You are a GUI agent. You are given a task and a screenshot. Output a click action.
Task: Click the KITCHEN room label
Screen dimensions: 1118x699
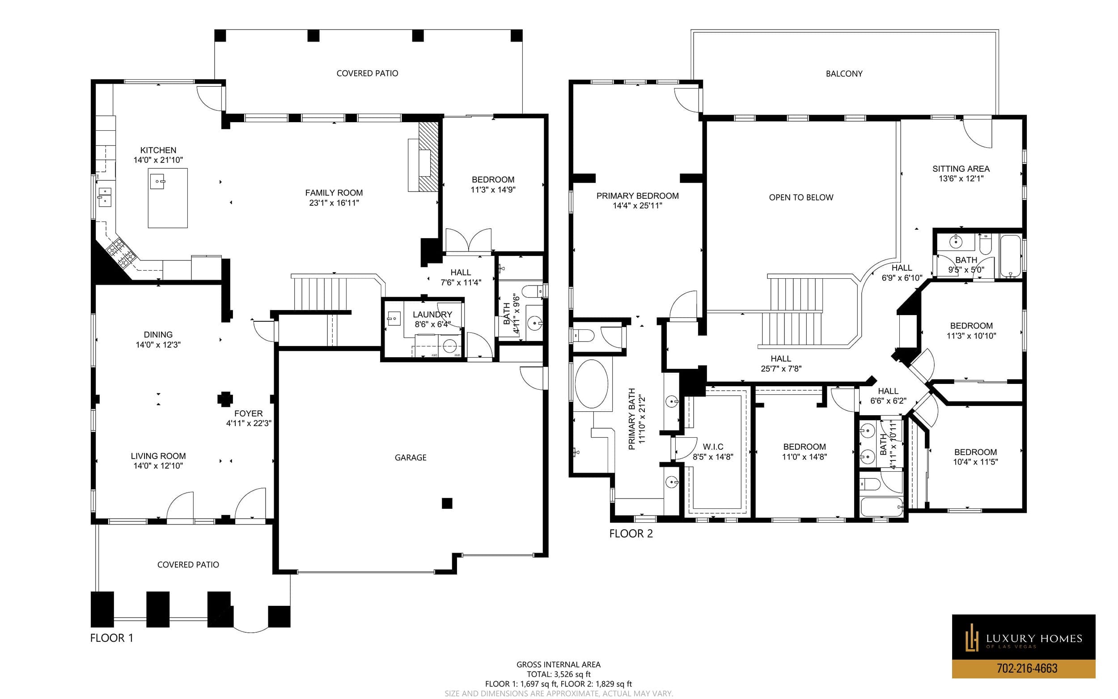pos(158,150)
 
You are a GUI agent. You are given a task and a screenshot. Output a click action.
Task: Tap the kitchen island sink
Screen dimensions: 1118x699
pos(157,182)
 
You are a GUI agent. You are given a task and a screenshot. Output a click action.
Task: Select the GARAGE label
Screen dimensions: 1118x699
pos(410,458)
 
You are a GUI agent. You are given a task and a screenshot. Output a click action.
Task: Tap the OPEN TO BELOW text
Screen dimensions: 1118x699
pos(801,197)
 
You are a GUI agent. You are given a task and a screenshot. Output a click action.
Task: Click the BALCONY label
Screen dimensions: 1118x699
pos(844,73)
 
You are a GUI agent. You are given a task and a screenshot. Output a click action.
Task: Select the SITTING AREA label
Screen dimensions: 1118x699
pos(961,169)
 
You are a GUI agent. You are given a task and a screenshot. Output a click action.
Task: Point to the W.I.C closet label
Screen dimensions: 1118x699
pos(713,447)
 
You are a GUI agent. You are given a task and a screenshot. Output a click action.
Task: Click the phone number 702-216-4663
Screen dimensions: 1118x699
pos(1027,668)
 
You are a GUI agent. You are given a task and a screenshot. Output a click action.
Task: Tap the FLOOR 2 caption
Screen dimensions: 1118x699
pos(631,533)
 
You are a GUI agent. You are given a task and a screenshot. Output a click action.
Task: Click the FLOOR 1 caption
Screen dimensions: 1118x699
pos(112,638)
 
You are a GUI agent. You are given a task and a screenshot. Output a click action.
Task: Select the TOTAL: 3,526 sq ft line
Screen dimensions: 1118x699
pos(559,674)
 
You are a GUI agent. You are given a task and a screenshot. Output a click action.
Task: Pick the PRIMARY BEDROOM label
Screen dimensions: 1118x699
pos(638,196)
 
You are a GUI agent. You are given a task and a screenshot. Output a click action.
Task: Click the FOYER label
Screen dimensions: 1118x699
pos(249,414)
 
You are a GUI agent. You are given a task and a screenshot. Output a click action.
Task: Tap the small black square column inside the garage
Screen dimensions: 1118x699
pos(447,503)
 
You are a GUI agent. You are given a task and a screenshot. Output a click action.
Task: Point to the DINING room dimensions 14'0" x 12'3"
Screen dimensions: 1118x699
pos(158,345)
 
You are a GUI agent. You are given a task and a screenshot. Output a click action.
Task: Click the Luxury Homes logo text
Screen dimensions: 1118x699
pos(1034,639)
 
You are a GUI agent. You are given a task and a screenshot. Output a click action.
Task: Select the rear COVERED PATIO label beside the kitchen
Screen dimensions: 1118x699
pos(367,73)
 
